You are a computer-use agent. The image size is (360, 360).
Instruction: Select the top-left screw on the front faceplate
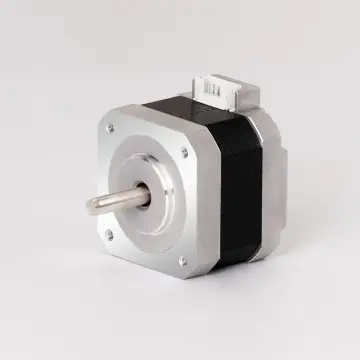point(109,129)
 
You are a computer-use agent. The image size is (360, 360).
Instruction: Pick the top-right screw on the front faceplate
point(183,152)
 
